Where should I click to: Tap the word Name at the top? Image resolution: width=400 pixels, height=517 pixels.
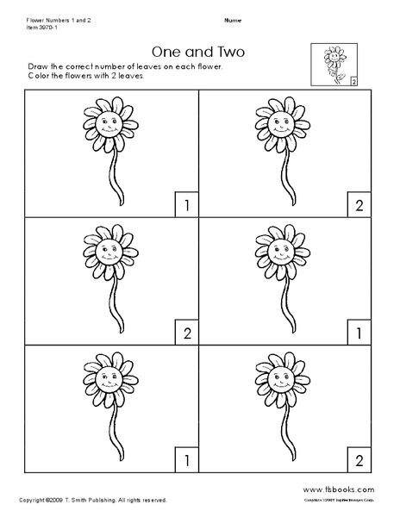pyautogui.click(x=232, y=19)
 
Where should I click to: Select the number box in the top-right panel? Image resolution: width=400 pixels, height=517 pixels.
pyautogui.click(x=356, y=204)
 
